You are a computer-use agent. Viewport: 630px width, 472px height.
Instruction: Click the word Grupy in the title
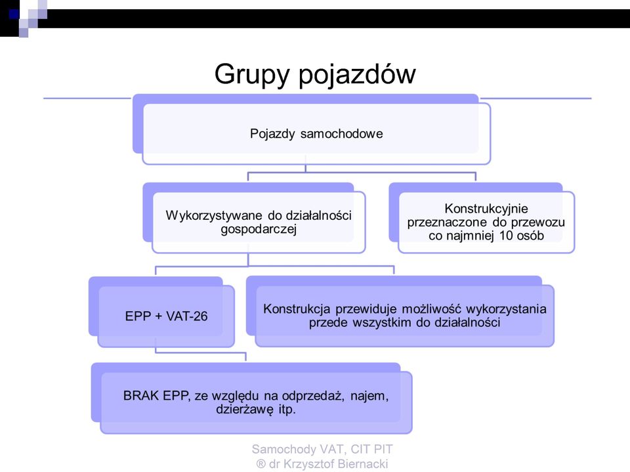click(251, 75)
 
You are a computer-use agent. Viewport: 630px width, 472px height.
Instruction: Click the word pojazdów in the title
click(357, 74)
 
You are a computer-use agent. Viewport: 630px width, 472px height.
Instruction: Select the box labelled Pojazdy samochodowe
click(316, 134)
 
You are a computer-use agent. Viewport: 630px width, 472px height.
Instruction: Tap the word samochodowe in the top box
click(341, 133)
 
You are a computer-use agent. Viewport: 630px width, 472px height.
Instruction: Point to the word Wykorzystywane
click(214, 215)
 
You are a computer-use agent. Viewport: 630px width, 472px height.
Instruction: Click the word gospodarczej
click(259, 230)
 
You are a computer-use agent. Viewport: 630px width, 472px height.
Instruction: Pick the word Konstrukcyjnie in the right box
click(486, 209)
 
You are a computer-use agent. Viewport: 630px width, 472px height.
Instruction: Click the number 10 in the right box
click(506, 236)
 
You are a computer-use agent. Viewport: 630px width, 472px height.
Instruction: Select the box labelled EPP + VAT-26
click(166, 316)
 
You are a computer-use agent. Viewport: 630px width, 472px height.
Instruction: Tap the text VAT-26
click(187, 316)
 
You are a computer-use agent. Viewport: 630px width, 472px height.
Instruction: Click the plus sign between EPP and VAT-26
click(158, 316)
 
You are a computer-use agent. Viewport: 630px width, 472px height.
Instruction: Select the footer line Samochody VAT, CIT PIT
click(322, 449)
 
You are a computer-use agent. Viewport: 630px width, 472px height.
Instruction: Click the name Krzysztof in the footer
click(309, 464)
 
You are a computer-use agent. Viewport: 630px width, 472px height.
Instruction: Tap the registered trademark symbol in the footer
click(261, 464)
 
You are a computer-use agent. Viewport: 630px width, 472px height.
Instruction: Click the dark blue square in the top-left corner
click(14, 14)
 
